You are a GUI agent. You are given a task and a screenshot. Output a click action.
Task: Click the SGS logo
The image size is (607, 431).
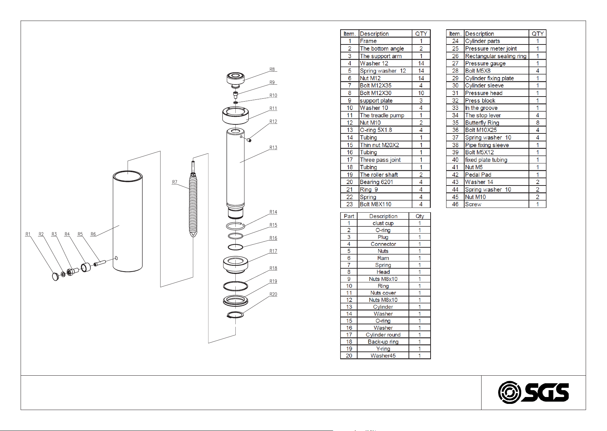pyautogui.click(x=533, y=392)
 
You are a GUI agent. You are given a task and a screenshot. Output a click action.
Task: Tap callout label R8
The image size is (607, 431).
pyautogui.click(x=272, y=69)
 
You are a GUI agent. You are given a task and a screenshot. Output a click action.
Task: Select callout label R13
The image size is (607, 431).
pyautogui.click(x=273, y=148)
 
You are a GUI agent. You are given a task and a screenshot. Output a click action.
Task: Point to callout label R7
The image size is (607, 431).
pyautogui.click(x=175, y=182)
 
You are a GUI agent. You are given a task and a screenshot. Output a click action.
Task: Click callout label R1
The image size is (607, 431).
pyautogui.click(x=28, y=234)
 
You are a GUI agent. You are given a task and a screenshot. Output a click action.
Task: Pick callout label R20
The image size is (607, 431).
pyautogui.click(x=273, y=294)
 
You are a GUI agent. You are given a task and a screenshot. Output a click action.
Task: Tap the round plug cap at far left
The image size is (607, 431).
pyautogui.click(x=56, y=277)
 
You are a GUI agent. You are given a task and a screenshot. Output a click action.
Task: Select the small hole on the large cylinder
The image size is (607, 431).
pyautogui.click(x=116, y=258)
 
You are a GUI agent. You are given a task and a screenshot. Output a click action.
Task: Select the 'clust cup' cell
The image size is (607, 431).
pyautogui.click(x=383, y=223)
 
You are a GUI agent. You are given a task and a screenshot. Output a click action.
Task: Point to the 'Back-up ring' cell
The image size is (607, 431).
pyautogui.click(x=383, y=342)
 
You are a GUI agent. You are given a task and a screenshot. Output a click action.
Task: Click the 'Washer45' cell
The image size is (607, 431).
pyautogui.click(x=383, y=356)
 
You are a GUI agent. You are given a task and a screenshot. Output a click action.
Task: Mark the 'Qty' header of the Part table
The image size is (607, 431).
pyautogui.click(x=420, y=216)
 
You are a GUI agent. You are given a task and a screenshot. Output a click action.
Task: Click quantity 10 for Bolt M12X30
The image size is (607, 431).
pyautogui.click(x=421, y=93)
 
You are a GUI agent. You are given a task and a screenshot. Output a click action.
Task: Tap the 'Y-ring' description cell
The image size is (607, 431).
pyautogui.click(x=383, y=349)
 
